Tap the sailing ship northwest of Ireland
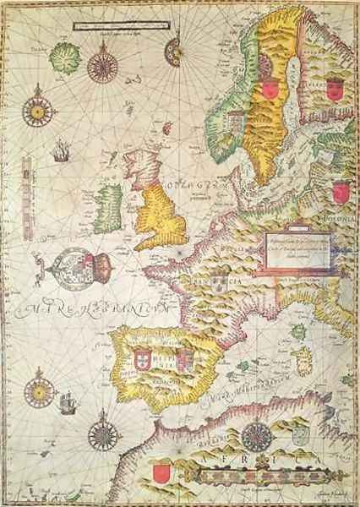pos(59,153)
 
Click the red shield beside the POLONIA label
pos(340,193)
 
